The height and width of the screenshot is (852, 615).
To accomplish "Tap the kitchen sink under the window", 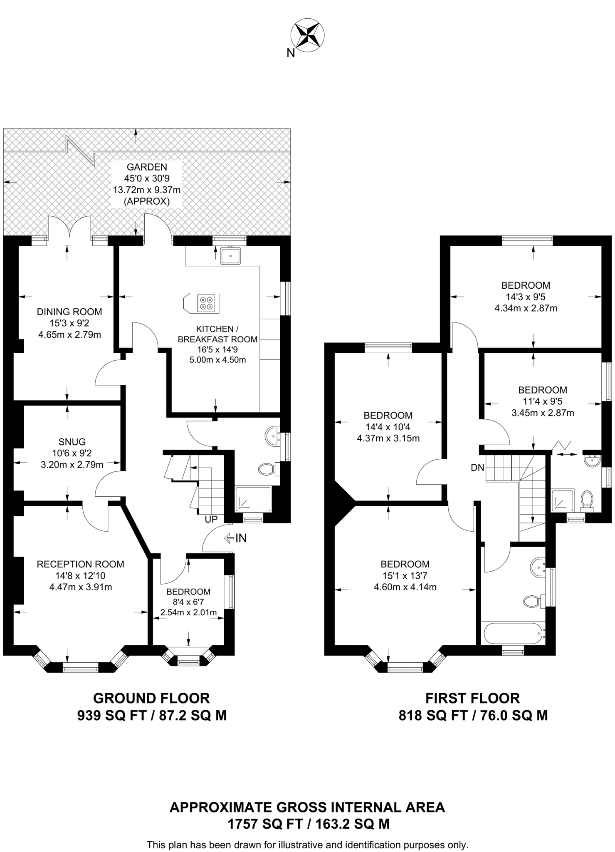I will [x=230, y=255].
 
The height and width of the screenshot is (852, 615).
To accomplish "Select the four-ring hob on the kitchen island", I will [x=207, y=303].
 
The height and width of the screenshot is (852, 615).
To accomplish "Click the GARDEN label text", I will [x=147, y=167].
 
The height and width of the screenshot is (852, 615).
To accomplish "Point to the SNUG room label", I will [x=72, y=442].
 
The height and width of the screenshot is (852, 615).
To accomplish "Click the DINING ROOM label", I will [x=69, y=312].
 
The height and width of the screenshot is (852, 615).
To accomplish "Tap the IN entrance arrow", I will [x=235, y=538].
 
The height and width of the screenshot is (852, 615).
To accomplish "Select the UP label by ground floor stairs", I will [x=211, y=520].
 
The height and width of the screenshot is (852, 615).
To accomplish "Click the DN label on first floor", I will [x=477, y=468].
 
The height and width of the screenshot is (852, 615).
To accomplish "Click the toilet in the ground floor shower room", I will [x=266, y=470].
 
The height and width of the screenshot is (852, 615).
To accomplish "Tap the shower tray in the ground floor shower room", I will [x=253, y=499].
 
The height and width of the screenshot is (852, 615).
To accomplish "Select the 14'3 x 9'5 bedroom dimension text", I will [x=526, y=297].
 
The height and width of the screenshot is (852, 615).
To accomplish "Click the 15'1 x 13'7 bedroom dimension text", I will [x=405, y=576].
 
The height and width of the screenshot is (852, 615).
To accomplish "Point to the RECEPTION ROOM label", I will [x=80, y=564].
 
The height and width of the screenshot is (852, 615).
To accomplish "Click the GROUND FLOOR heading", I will [x=151, y=698].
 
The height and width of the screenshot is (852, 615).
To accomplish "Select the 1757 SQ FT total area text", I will [x=308, y=824].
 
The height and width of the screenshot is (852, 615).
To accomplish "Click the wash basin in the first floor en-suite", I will [x=591, y=460].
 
